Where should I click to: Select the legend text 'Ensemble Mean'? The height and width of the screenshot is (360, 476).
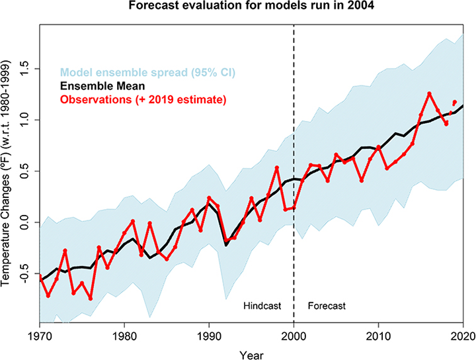pyautogui.click(x=101, y=85)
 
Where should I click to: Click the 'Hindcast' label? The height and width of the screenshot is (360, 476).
pyautogui.click(x=262, y=307)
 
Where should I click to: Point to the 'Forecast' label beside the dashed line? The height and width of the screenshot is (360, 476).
pyautogui.click(x=327, y=307)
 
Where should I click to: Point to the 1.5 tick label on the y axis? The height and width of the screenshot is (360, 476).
pyautogui.click(x=26, y=68)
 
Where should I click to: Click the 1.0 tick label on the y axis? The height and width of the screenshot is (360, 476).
pyautogui.click(x=26, y=120)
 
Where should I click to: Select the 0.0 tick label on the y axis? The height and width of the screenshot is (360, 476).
pyautogui.click(x=26, y=223)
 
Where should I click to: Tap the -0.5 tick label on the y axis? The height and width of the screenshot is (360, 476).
pyautogui.click(x=26, y=274)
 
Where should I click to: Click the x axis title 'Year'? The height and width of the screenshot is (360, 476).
pyautogui.click(x=251, y=353)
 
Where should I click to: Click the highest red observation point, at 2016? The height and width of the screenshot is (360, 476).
pyautogui.click(x=429, y=93)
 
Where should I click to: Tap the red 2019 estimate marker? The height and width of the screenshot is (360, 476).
pyautogui.click(x=454, y=102)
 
